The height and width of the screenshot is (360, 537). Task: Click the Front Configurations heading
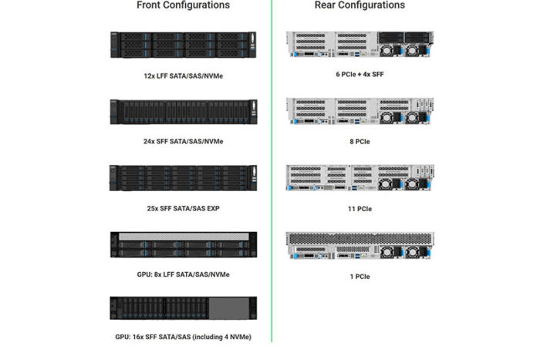click(183, 5)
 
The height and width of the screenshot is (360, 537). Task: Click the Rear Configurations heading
click(360, 5)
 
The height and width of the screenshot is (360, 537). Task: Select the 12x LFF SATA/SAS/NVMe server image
click(183, 45)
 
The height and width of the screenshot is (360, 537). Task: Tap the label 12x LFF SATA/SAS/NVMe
click(183, 76)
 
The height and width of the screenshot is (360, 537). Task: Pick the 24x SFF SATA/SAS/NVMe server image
click(183, 112)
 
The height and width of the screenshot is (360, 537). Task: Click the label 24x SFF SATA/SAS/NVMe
click(183, 141)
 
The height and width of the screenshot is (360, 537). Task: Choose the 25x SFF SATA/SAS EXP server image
click(183, 178)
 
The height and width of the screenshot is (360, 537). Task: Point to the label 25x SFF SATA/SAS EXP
click(183, 208)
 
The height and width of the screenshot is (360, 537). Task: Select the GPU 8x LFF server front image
click(183, 244)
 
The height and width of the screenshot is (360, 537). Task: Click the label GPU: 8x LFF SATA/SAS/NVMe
click(183, 274)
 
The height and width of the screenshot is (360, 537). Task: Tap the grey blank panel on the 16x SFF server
click(229, 308)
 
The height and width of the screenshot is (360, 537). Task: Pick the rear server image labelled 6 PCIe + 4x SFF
click(360, 44)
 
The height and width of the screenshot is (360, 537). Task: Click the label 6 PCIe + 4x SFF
click(360, 74)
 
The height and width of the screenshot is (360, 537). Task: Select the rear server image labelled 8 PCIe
click(360, 111)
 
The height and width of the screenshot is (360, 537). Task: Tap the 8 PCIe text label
click(360, 142)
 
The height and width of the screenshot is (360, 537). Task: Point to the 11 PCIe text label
click(360, 209)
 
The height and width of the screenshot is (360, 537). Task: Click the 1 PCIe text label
click(360, 277)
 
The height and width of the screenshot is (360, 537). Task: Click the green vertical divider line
click(272, 171)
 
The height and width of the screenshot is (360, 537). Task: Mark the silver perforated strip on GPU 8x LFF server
click(184, 237)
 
